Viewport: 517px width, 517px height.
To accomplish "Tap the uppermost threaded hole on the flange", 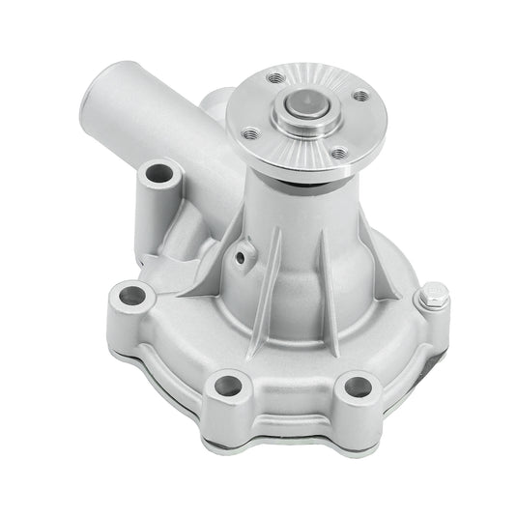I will pos(277,77).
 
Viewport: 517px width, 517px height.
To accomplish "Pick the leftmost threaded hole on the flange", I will pos(250,133).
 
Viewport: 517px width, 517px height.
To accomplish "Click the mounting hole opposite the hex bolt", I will pos(128,294).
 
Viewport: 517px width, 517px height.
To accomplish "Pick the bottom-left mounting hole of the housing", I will pos(228,385).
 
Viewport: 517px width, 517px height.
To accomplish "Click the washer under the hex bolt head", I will pos(432,309).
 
